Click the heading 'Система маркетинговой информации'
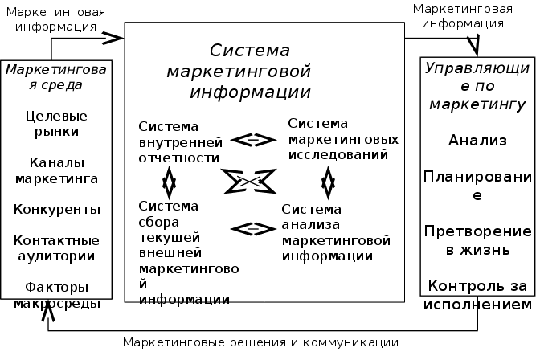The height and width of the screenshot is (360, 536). (x=251, y=71)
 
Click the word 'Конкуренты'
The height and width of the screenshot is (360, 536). (x=56, y=209)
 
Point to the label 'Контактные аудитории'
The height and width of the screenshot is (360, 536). (x=56, y=247)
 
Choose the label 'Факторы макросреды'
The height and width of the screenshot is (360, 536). (x=56, y=295)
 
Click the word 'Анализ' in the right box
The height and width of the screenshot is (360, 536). (x=477, y=141)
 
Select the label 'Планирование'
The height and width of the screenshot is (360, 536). (x=477, y=185)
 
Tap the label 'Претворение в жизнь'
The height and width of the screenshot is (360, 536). (x=477, y=239)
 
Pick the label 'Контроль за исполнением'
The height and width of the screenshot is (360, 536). (x=477, y=294)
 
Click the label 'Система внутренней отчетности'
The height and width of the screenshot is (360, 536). (x=178, y=141)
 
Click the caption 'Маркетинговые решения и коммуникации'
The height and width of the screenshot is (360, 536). (x=260, y=343)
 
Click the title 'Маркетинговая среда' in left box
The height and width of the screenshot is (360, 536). (x=56, y=78)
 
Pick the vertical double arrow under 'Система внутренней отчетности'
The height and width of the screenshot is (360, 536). (x=169, y=183)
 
